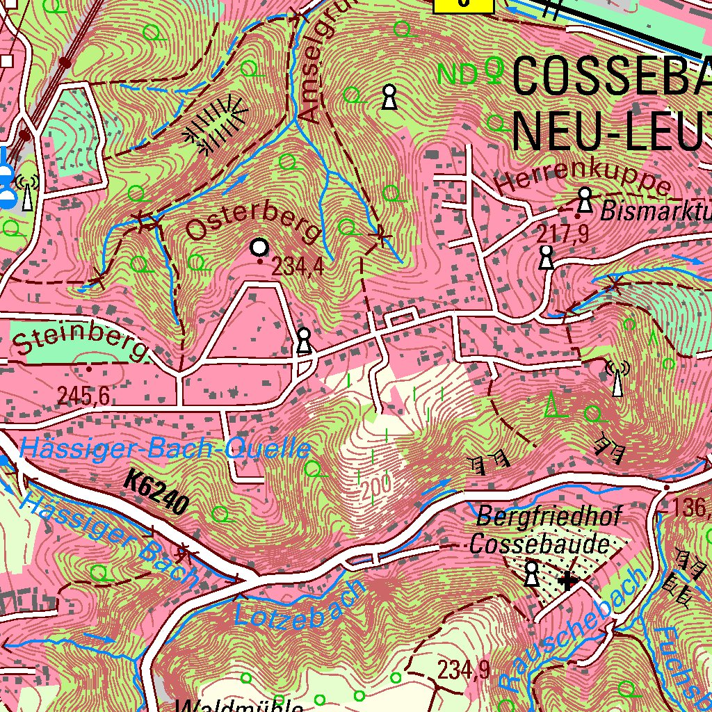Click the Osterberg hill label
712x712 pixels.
254,222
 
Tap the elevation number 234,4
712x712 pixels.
298,266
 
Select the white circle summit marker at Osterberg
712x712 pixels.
259,247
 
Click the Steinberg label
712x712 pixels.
80,341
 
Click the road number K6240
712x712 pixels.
158,492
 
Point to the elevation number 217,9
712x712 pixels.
563,234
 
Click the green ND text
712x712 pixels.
459,74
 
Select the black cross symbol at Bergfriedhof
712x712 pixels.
568,580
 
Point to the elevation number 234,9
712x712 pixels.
464,670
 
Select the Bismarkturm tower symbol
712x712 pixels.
585,200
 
